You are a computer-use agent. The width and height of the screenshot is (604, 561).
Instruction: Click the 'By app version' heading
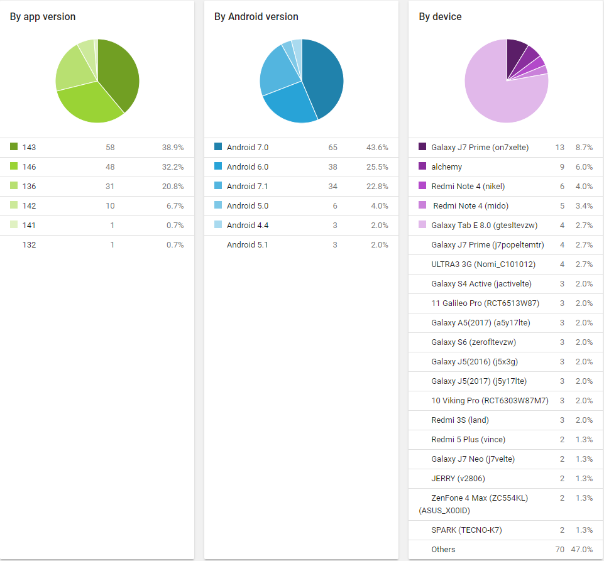[43, 17]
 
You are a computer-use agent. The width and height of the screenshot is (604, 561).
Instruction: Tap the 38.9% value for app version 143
[172, 148]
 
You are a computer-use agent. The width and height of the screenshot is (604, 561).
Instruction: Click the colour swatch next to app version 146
[14, 166]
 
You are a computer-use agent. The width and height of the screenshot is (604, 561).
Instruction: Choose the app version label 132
[29, 244]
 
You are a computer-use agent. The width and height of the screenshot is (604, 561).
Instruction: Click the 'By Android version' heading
[256, 17]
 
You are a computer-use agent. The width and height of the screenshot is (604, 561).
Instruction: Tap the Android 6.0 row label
[248, 167]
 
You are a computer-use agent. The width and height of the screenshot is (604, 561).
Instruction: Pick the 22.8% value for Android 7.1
[377, 186]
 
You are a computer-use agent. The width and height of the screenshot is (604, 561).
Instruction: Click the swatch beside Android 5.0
[218, 205]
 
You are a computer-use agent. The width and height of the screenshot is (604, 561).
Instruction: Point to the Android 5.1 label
[248, 244]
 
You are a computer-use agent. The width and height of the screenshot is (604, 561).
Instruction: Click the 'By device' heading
[440, 17]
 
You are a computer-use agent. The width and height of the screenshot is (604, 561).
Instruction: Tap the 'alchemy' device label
[446, 167]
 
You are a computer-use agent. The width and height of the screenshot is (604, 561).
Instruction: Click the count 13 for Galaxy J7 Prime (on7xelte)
[559, 148]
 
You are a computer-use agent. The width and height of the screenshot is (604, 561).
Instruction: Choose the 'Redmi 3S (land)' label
[460, 420]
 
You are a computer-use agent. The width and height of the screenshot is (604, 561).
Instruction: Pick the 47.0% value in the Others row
[581, 550]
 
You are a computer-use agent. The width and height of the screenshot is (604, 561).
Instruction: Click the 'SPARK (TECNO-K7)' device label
[466, 530]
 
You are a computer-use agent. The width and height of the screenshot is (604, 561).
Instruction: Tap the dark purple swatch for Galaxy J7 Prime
[422, 147]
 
